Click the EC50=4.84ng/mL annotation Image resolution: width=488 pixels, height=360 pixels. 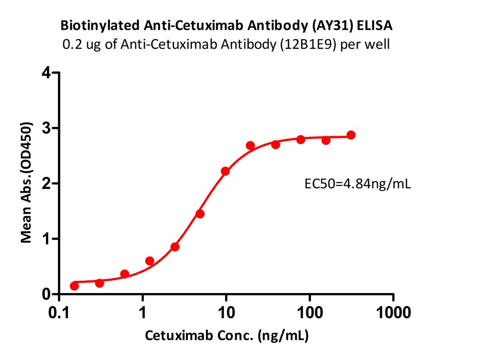[358, 184]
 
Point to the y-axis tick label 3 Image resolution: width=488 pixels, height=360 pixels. [46, 128]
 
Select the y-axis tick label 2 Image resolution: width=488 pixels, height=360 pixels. [46, 183]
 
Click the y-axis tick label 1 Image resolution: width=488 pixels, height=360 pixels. [47, 239]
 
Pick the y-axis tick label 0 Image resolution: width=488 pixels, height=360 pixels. [46, 294]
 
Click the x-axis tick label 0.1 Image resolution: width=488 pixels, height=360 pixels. [59, 312]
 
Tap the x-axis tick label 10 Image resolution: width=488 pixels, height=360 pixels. [226, 312]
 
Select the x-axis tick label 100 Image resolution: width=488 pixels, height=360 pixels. [310, 312]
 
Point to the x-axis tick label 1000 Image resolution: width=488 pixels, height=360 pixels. [393, 312]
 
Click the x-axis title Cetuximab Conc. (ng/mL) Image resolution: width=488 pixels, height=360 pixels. [226, 336]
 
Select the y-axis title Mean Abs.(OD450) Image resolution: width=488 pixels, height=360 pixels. [26, 182]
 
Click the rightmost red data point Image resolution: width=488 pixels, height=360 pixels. [351, 135]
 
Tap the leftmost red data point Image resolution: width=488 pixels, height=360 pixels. [74, 286]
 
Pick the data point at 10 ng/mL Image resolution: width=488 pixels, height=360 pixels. [225, 171]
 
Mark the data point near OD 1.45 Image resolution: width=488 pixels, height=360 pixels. [200, 214]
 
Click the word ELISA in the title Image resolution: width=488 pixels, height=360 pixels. [374, 25]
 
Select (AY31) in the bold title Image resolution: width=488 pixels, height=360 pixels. [332, 26]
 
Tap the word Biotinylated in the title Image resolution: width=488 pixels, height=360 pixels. [100, 26]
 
